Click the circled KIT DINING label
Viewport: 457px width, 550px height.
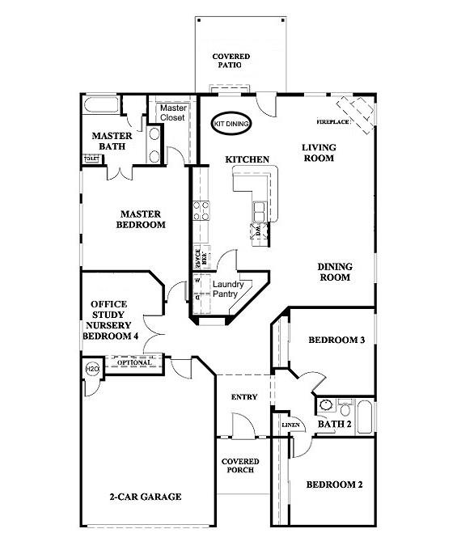231,123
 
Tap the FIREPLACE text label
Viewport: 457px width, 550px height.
332,122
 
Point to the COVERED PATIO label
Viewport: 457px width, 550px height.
231,61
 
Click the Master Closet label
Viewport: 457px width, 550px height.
173,112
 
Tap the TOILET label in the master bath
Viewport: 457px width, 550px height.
91,159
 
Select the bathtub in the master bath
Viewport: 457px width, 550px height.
100,105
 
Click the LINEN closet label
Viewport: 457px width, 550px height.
290,425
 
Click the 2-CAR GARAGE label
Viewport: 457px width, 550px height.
145,497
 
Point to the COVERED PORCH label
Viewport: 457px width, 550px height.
240,467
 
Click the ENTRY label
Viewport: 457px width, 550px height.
243,397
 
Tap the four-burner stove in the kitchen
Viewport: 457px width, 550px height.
201,211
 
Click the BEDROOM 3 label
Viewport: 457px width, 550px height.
336,341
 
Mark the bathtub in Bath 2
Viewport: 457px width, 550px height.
365,416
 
